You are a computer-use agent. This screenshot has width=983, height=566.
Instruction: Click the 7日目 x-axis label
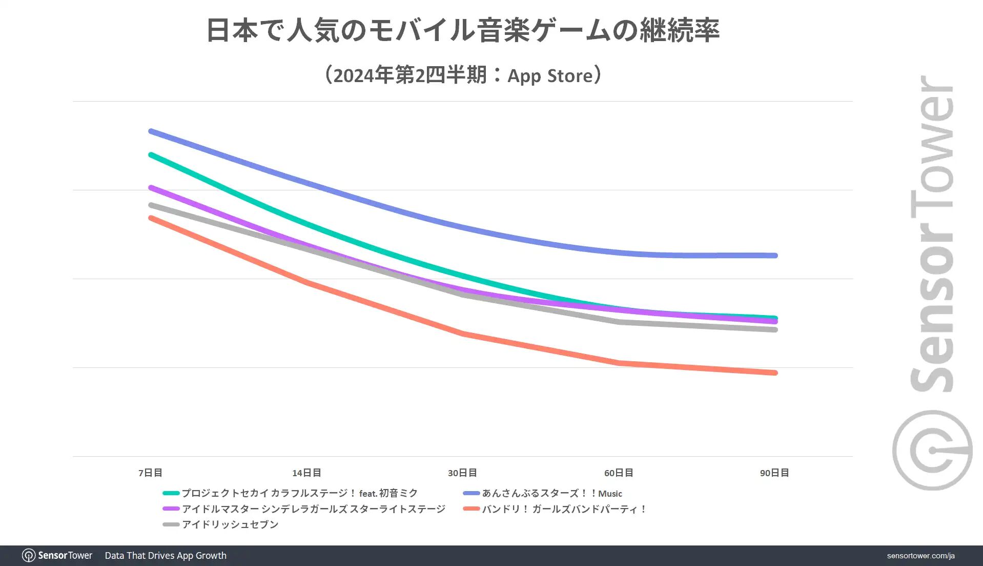coord(150,473)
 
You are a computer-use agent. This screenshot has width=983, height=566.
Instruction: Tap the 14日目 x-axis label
coord(306,473)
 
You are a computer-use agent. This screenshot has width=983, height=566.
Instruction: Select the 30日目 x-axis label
coord(462,473)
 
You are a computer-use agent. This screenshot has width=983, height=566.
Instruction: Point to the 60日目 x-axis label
coord(619,473)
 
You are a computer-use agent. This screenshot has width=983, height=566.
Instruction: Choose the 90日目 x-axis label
coord(774,473)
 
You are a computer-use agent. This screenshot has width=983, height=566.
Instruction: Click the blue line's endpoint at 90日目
coord(775,256)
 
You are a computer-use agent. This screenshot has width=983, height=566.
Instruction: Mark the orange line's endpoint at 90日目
coord(775,373)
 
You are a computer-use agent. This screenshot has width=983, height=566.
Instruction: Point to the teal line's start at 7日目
coord(151,154)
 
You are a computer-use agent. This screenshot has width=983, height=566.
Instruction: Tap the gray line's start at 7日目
coord(151,205)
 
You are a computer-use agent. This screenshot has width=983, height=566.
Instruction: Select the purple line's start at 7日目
coord(151,188)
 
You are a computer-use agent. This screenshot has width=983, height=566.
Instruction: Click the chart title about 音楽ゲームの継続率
coord(463,30)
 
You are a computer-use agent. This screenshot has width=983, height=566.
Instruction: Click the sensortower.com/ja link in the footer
coord(920,556)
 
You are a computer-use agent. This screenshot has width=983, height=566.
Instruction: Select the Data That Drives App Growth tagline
coord(166,556)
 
